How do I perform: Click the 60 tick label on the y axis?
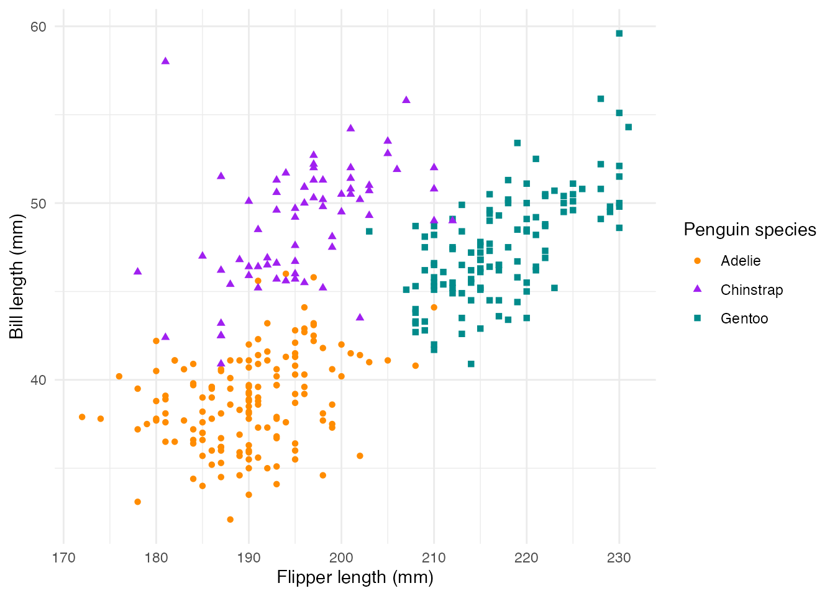point(38,27)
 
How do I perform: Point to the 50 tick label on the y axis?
point(38,203)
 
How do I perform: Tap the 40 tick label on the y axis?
point(38,380)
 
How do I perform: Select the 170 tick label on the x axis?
point(63,558)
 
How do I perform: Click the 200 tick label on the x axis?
point(341,558)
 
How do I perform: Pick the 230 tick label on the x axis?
point(619,558)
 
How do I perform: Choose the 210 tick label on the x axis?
point(434,558)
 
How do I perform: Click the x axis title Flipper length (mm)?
point(355,577)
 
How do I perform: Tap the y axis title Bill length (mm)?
point(16,276)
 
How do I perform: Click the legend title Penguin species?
point(750,230)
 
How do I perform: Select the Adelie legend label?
point(741,261)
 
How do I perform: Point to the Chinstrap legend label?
point(752,290)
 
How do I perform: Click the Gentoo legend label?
point(744,318)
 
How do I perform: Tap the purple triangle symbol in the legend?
point(697,289)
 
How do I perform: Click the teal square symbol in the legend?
point(697,318)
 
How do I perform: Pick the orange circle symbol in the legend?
point(697,261)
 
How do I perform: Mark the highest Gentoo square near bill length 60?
point(619,34)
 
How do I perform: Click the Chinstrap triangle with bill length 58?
point(165,61)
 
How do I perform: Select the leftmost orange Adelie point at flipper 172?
point(82,417)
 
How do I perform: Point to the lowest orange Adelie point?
point(230,520)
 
